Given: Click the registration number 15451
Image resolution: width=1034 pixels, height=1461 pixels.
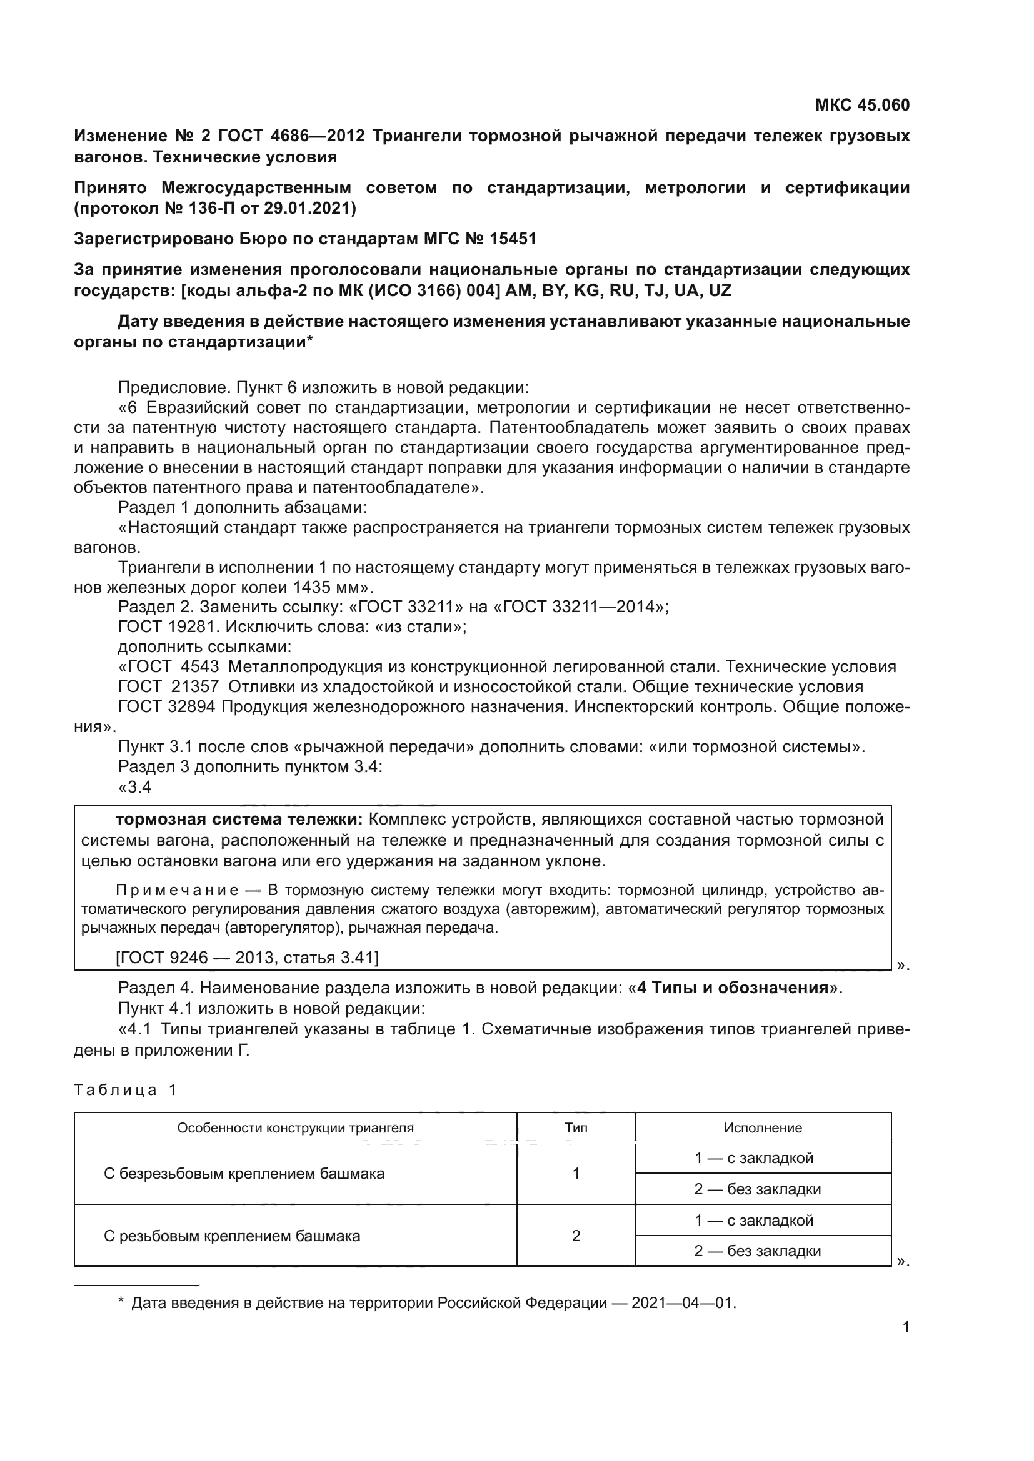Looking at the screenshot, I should click(x=513, y=239).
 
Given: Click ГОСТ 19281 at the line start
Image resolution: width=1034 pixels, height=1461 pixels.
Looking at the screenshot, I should click(x=167, y=626).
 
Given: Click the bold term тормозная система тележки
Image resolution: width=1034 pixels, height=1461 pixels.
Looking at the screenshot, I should click(x=239, y=819).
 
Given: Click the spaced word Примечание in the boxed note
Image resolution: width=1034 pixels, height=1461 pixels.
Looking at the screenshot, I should click(x=178, y=890).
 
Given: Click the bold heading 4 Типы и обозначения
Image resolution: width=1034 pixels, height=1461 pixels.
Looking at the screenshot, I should click(x=733, y=988).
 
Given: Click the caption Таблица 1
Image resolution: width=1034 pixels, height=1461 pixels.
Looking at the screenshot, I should click(x=125, y=1089).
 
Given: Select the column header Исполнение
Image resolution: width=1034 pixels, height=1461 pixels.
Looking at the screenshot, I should click(x=763, y=1128).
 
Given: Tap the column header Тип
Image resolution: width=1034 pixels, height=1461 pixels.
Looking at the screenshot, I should click(x=576, y=1128).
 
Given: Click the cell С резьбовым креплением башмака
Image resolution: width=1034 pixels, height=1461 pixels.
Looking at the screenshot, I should click(x=232, y=1236).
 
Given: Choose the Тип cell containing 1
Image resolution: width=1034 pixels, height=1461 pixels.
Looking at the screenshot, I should click(x=576, y=1174).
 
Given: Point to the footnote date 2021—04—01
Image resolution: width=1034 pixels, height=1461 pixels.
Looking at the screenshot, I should click(x=683, y=1303).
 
